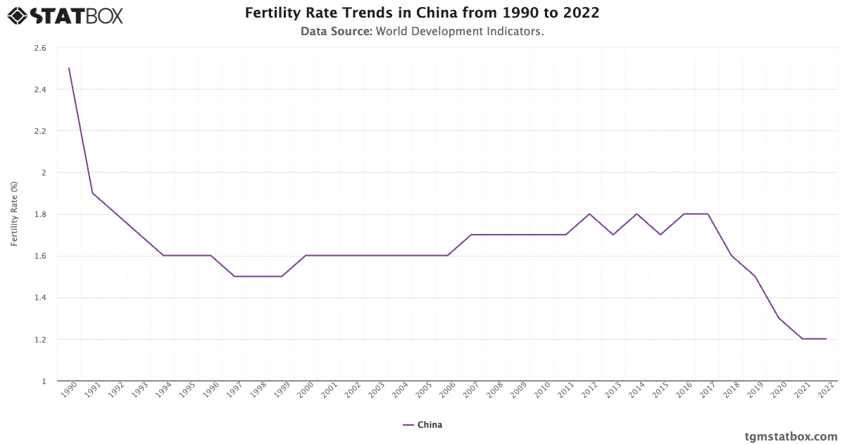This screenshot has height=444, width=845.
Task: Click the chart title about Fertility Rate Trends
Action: click(x=423, y=13)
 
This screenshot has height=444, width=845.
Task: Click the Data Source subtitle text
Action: click(x=423, y=32)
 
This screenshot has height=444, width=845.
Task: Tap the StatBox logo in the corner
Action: click(x=65, y=15)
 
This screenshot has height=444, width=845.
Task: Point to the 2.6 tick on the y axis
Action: click(x=40, y=48)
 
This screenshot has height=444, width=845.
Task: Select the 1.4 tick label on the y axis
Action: click(x=40, y=298)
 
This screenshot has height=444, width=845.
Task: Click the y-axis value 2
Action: click(x=43, y=173)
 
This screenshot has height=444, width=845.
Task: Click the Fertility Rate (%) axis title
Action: click(x=14, y=214)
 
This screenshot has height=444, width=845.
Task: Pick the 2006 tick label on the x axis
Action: click(x=446, y=392)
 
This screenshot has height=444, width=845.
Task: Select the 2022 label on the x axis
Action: click(x=825, y=392)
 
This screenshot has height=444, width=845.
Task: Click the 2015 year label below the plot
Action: click(x=659, y=392)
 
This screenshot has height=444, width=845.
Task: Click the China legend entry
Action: click(x=423, y=425)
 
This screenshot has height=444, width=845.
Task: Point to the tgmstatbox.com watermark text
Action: click(x=791, y=436)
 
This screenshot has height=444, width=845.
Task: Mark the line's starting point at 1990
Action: click(x=69, y=68)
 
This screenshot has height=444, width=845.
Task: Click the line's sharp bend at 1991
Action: click(x=92, y=193)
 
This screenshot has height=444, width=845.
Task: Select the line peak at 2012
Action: click(x=589, y=214)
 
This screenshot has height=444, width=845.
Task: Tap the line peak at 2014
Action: click(x=637, y=214)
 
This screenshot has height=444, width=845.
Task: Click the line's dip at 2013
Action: click(x=613, y=235)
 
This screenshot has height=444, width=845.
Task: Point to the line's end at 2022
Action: click(x=826, y=339)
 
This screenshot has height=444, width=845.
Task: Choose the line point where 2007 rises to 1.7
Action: click(x=471, y=235)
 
